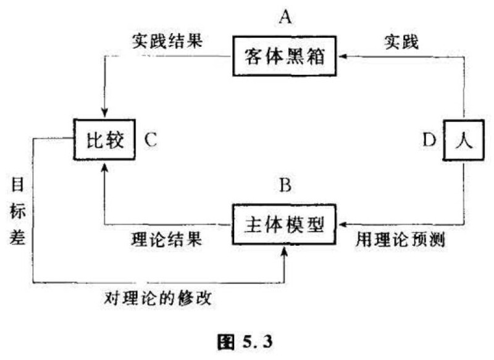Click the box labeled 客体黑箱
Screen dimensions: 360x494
point(285,57)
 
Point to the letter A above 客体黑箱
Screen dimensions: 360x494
point(285,17)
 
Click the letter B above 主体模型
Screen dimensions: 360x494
point(285,185)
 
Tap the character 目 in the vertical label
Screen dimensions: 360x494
point(17,183)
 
